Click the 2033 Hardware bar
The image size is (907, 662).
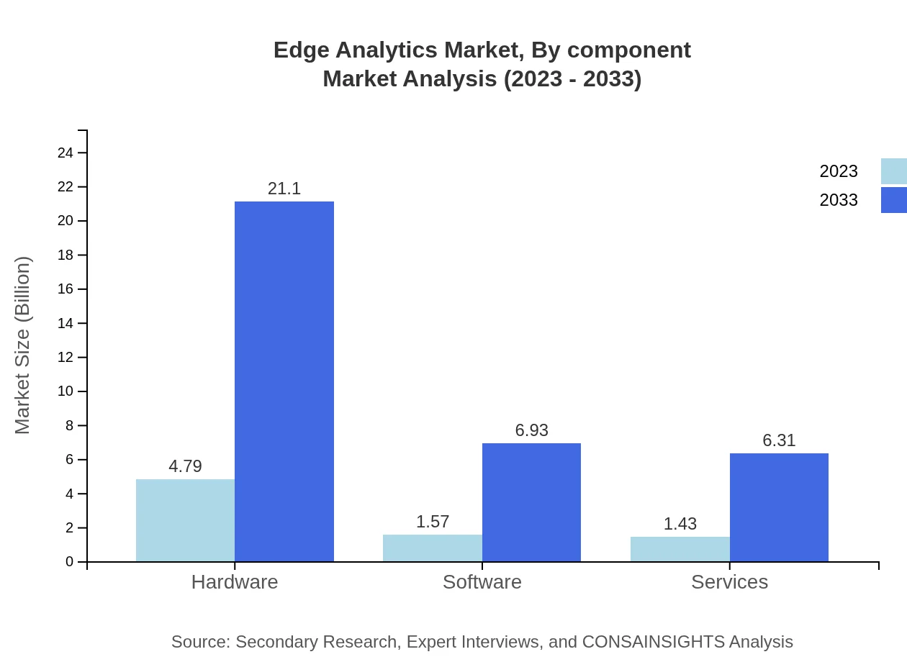pyautogui.click(x=284, y=381)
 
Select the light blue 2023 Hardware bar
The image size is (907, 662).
pyautogui.click(x=185, y=520)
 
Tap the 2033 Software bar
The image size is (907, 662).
pyautogui.click(x=531, y=502)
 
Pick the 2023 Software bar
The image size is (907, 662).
pyautogui.click(x=433, y=548)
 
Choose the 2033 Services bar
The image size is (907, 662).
pyautogui.click(x=779, y=507)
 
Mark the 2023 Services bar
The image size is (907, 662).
pyautogui.click(x=680, y=549)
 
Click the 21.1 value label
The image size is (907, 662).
pyautogui.click(x=284, y=189)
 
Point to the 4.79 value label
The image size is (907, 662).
pyautogui.click(x=185, y=466)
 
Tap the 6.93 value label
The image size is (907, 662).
pyautogui.click(x=531, y=430)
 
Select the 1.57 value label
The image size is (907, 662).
pyautogui.click(x=433, y=522)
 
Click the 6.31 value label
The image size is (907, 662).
pyautogui.click(x=779, y=440)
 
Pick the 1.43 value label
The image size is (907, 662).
pyautogui.click(x=680, y=524)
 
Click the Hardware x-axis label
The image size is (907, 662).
pyautogui.click(x=235, y=581)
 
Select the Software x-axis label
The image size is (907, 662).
pyautogui.click(x=482, y=581)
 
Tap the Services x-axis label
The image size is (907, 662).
pyautogui.click(x=729, y=581)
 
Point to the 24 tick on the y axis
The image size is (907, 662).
pyautogui.click(x=66, y=153)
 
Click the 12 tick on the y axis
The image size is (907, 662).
pyautogui.click(x=66, y=358)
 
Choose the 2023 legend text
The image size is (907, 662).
pyautogui.click(x=839, y=171)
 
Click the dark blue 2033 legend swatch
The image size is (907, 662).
pyautogui.click(x=894, y=200)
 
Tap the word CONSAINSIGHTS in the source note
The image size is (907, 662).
pyautogui.click(x=653, y=641)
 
